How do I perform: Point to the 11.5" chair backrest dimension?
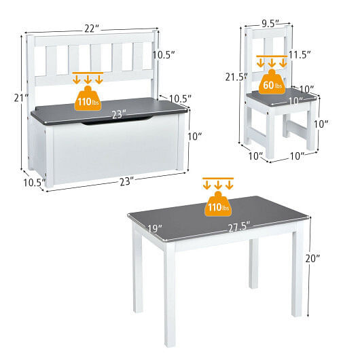[299, 54]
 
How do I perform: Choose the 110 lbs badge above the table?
[217, 205]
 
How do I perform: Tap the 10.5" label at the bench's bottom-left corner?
[33, 183]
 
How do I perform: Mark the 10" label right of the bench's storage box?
[194, 137]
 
